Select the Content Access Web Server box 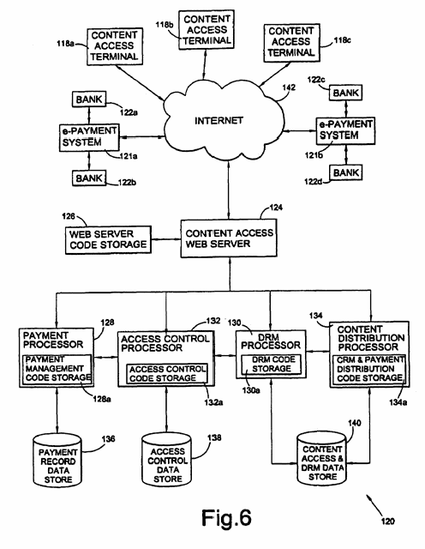[x=229, y=238]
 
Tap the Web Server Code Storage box [x=108, y=239]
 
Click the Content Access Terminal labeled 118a [x=115, y=46]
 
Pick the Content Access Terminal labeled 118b [x=206, y=29]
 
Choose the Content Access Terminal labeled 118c [x=291, y=43]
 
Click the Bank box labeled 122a [x=89, y=100]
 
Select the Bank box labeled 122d [x=345, y=172]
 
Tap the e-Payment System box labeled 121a [x=89, y=137]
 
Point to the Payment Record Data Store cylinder [x=57, y=460]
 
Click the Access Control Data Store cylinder [x=167, y=460]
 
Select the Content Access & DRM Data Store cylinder [x=322, y=459]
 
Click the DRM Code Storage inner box [x=272, y=365]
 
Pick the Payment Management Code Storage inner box [x=57, y=370]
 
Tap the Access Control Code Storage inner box [x=167, y=374]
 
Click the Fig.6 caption [x=226, y=516]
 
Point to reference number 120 [x=387, y=522]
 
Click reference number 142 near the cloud [x=289, y=87]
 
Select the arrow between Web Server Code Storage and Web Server [x=166, y=239]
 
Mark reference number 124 [x=276, y=208]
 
